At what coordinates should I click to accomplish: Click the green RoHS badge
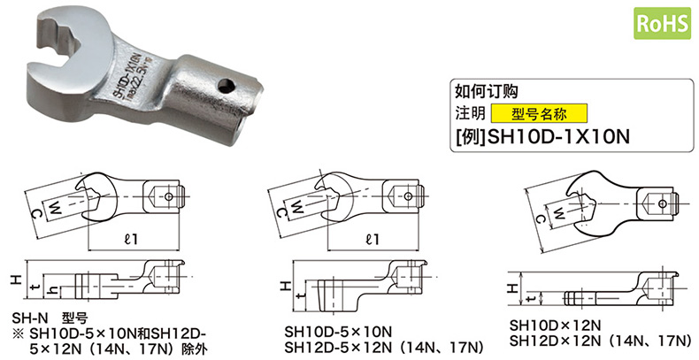pyautogui.click(x=663, y=23)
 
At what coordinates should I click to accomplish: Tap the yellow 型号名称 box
pyautogui.click(x=539, y=113)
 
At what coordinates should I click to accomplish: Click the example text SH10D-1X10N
pyautogui.click(x=559, y=137)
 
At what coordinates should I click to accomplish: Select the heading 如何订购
pyautogui.click(x=486, y=91)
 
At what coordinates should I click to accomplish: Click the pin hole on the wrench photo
pyautogui.click(x=227, y=85)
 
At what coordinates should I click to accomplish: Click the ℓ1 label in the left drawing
pyautogui.click(x=131, y=239)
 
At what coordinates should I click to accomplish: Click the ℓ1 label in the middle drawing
pyautogui.click(x=372, y=239)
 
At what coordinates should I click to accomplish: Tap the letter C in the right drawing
pyautogui.click(x=541, y=219)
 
